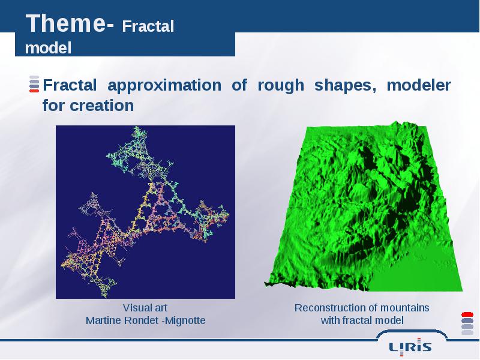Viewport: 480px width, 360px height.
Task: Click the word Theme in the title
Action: pyautogui.click(x=66, y=23)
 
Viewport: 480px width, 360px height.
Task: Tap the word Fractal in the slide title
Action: pyautogui.click(x=148, y=26)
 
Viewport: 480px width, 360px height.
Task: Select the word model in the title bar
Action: pyautogui.click(x=48, y=48)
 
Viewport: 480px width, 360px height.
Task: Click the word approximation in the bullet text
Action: pyautogui.click(x=164, y=85)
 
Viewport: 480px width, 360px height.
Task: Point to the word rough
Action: pyautogui.click(x=281, y=86)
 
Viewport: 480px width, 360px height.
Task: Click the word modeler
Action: pyautogui.click(x=419, y=85)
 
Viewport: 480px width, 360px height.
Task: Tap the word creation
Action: pyautogui.click(x=102, y=106)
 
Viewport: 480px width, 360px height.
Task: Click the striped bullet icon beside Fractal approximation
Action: pyautogui.click(x=34, y=84)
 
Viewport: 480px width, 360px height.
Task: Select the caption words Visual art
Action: pyautogui.click(x=145, y=308)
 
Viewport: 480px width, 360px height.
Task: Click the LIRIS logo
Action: pyautogui.click(x=410, y=347)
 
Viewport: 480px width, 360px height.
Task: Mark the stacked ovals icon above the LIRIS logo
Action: pyautogui.click(x=467, y=323)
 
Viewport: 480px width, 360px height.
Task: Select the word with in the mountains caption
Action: pyautogui.click(x=331, y=320)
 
